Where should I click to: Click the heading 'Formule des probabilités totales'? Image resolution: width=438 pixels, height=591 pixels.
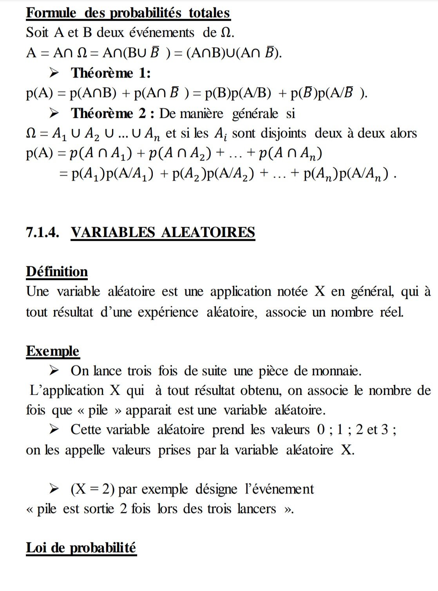point(128,13)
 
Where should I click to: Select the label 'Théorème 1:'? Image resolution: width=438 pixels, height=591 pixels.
point(110,73)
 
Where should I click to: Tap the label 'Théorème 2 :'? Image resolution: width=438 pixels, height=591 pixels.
point(113,113)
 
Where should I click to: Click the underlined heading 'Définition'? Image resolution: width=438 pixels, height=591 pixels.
point(57,271)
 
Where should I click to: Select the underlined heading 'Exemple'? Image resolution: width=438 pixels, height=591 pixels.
point(52,351)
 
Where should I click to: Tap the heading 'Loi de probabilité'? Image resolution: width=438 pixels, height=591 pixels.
point(81,547)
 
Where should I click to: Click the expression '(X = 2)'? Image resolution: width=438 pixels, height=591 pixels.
point(92,489)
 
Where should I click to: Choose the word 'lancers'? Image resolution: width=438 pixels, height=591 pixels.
point(257,508)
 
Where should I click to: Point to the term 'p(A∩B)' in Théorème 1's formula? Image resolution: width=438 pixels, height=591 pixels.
point(93,93)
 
